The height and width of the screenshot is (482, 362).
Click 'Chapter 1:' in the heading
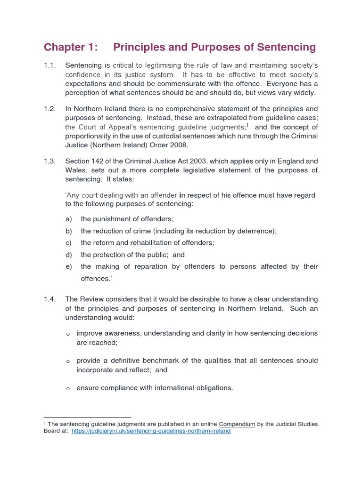[x=71, y=47]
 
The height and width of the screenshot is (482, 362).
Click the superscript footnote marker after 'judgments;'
[x=248, y=126]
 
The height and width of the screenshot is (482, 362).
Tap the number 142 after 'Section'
[x=98, y=161]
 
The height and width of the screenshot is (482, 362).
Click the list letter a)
[x=69, y=219]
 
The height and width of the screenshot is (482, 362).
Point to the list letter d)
[x=69, y=255]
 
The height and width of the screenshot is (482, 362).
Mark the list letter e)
[x=69, y=266]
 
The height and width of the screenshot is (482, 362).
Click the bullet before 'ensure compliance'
[x=68, y=389]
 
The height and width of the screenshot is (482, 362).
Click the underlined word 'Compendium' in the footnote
[x=237, y=424]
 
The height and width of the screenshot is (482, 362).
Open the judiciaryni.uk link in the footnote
[x=151, y=431]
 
